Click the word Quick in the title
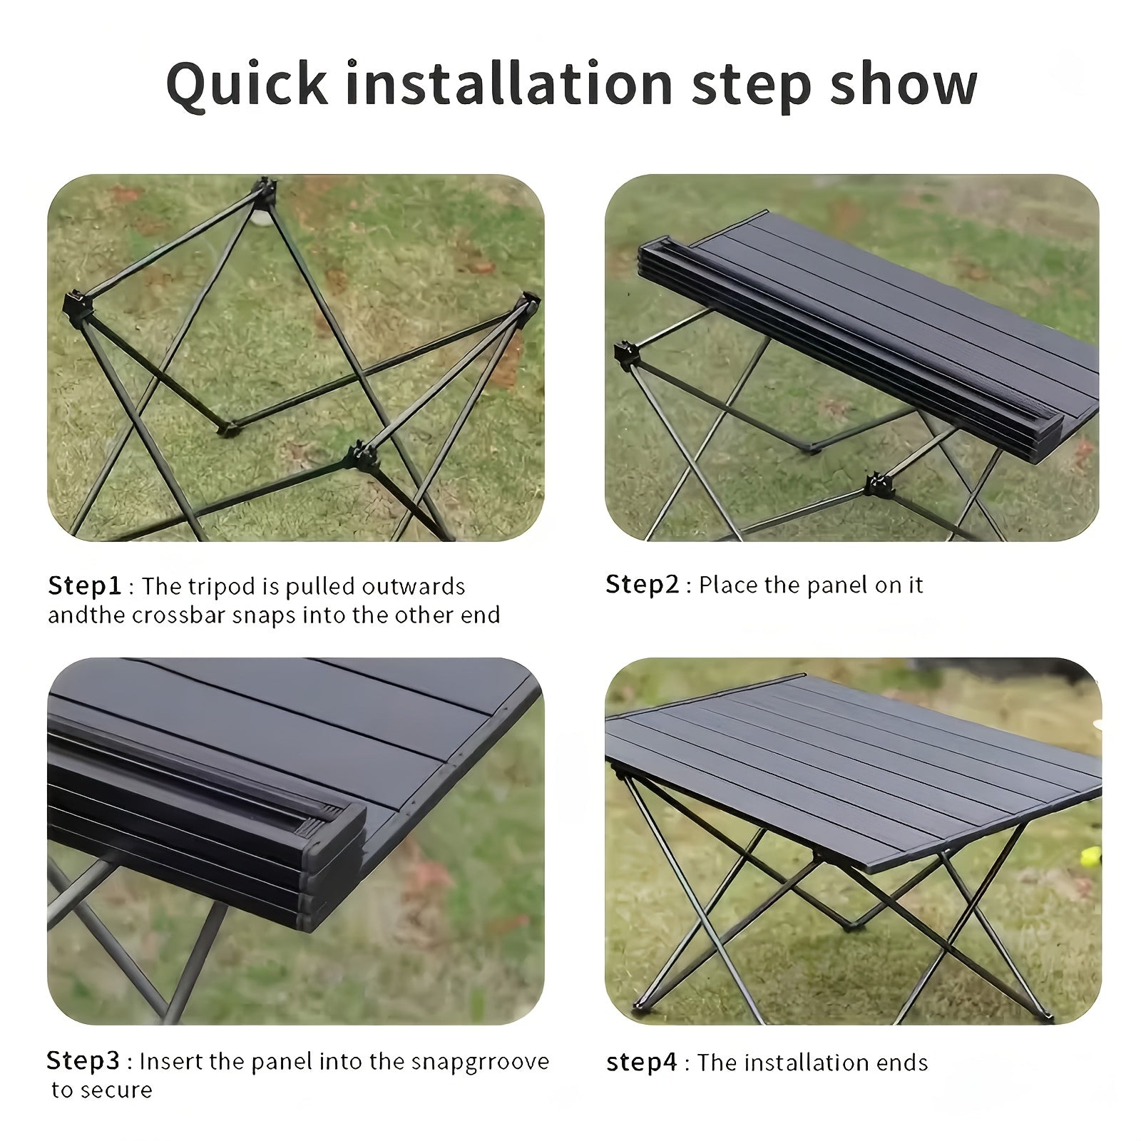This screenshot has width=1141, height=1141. [x=246, y=84]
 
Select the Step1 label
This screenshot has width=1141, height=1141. [x=84, y=586]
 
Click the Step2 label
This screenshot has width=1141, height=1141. [x=642, y=585]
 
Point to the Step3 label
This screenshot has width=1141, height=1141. [x=83, y=1061]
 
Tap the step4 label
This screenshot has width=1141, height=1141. [x=641, y=1063]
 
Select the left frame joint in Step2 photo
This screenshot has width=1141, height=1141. [x=626, y=354]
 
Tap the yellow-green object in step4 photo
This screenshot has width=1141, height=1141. [x=1090, y=856]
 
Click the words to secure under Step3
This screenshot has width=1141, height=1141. [x=101, y=1090]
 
